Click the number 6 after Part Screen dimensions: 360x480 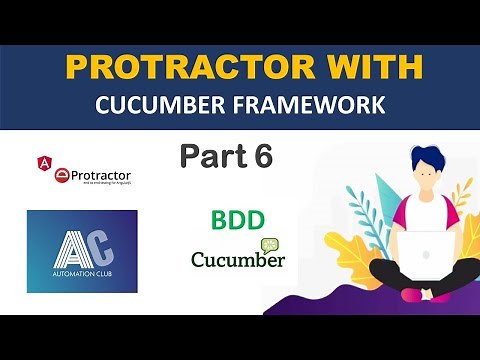click(262, 157)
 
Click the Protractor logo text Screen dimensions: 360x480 click(100, 176)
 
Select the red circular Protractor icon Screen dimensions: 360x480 click(61, 177)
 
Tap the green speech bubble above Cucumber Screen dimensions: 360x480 click(269, 242)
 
